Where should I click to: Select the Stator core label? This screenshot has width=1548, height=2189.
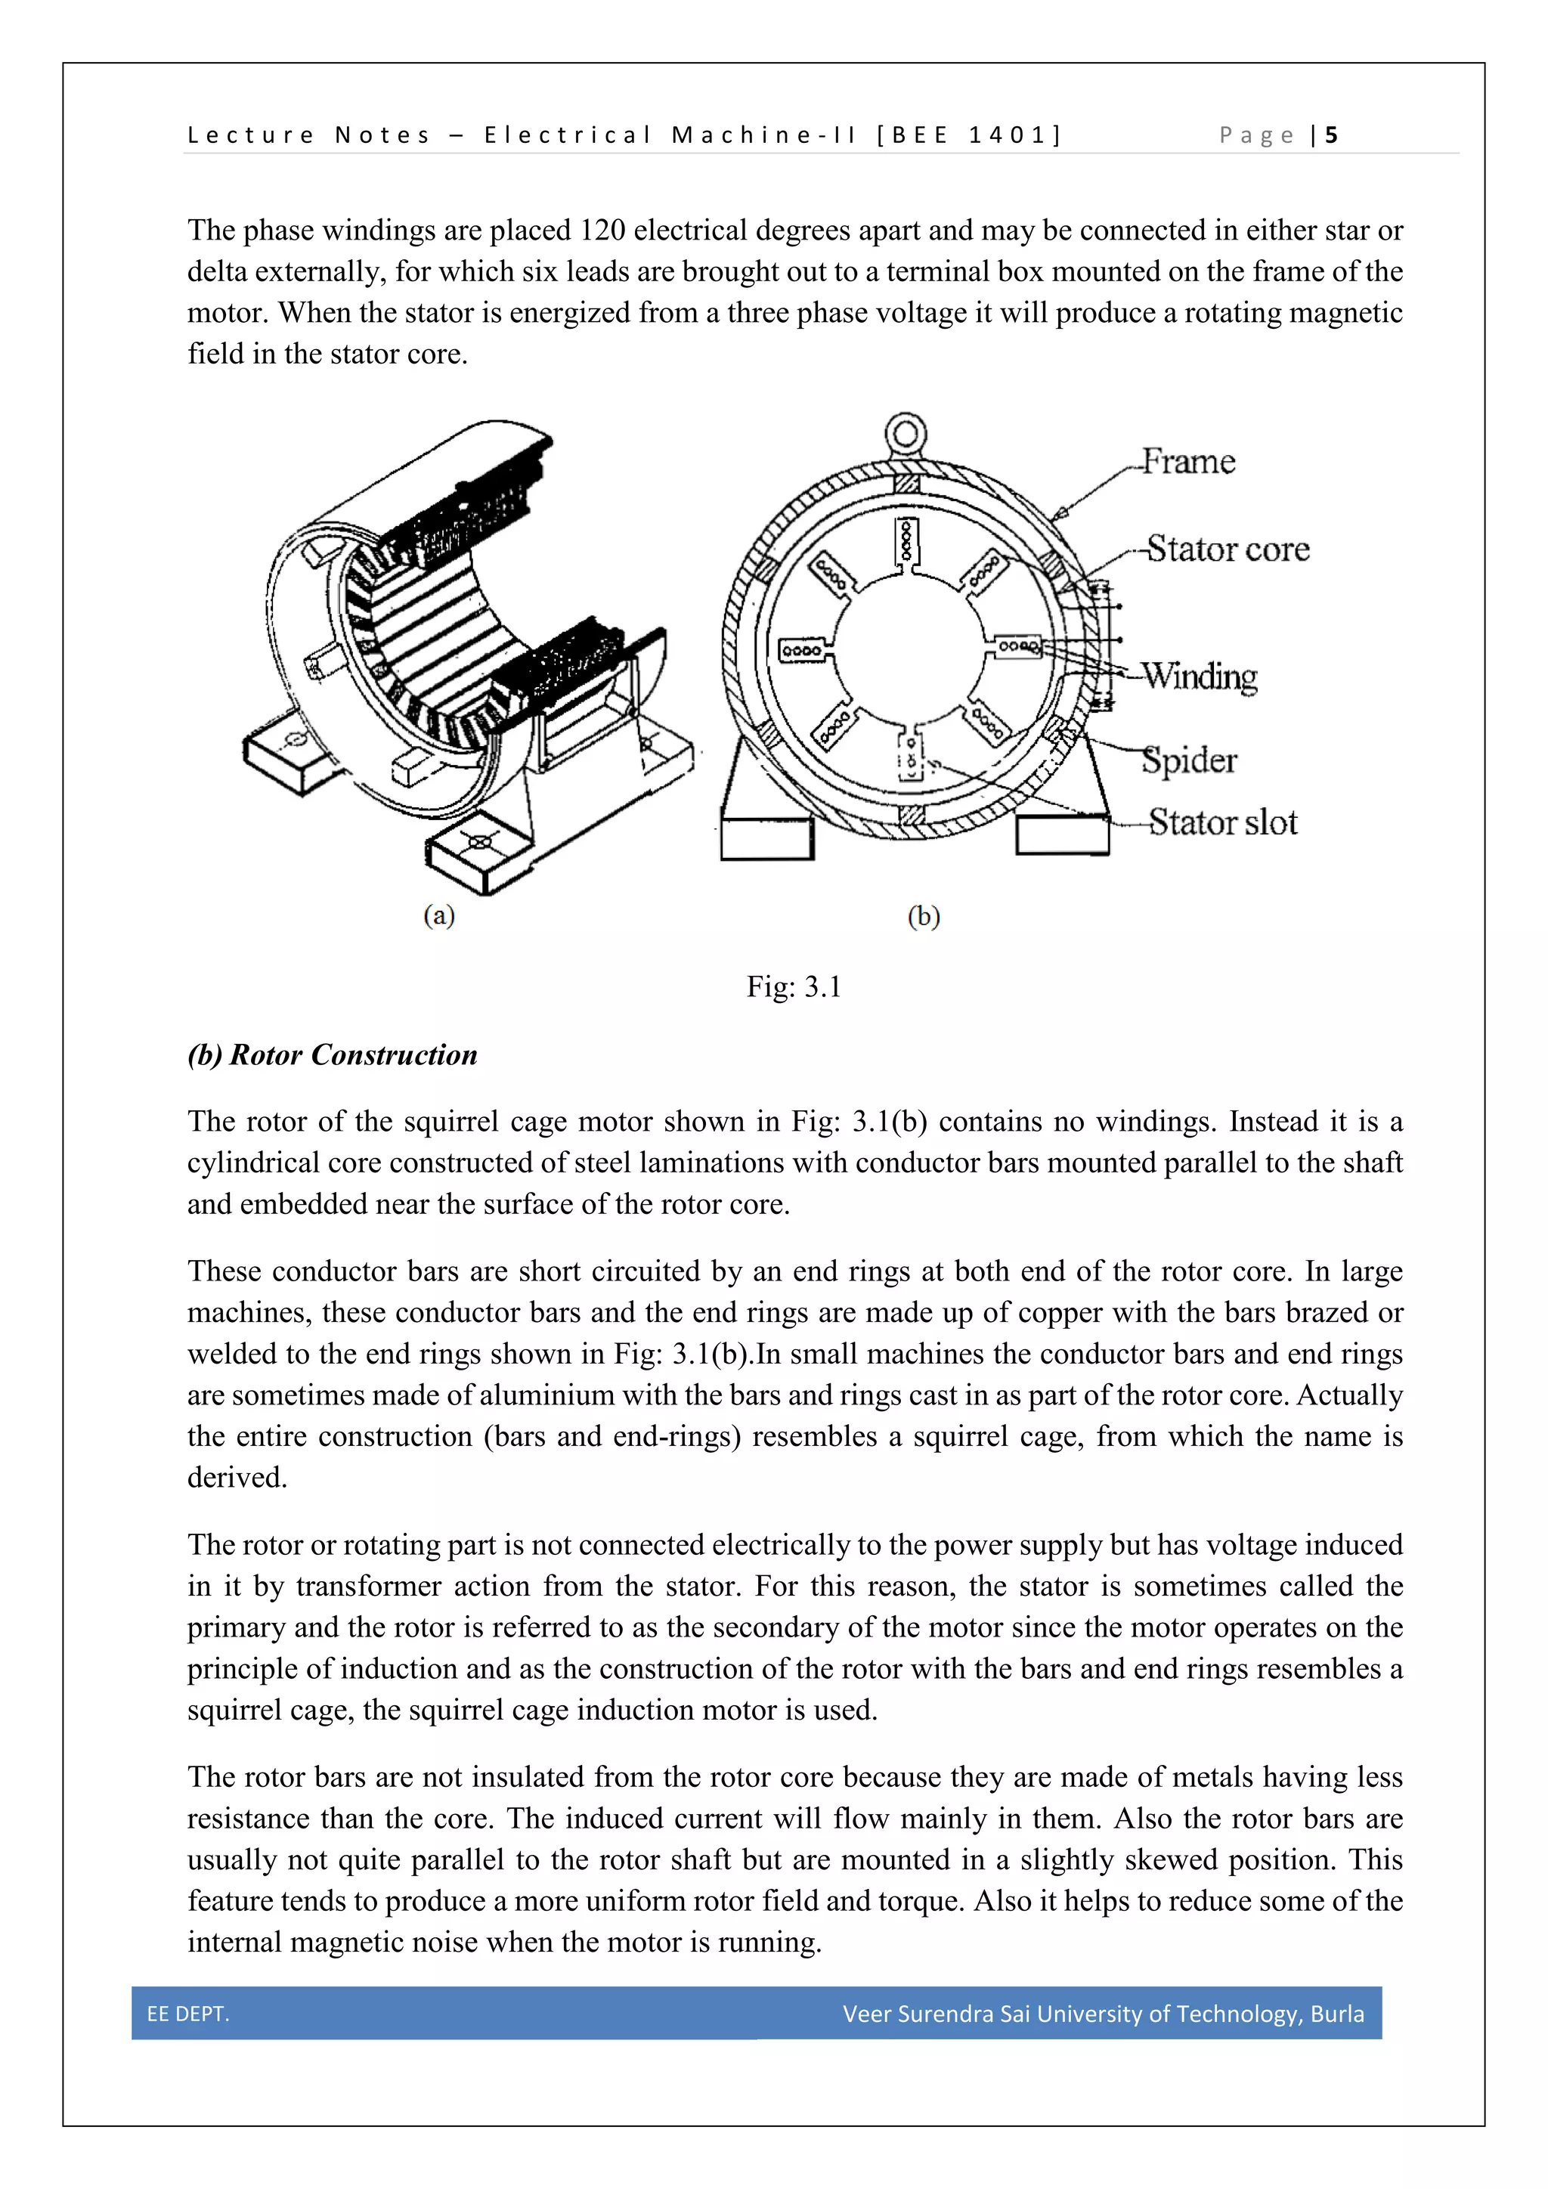point(1227,550)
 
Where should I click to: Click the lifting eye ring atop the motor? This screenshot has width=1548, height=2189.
point(906,435)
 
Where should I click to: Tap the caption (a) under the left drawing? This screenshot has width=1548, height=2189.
point(439,915)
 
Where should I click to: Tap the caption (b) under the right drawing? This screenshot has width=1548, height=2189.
point(924,916)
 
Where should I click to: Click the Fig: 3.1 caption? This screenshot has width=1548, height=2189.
point(793,986)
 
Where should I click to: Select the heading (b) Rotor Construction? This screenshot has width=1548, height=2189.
point(332,1054)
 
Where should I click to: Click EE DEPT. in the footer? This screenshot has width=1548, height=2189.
point(187,2014)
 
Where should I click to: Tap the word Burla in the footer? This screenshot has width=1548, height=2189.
point(1336,2014)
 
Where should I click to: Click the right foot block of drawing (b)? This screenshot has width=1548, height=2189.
point(1062,835)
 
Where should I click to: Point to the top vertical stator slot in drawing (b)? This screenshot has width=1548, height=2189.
point(906,543)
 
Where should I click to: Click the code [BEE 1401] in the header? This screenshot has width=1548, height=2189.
point(967,135)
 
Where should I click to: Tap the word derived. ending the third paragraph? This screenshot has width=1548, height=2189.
point(237,1477)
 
